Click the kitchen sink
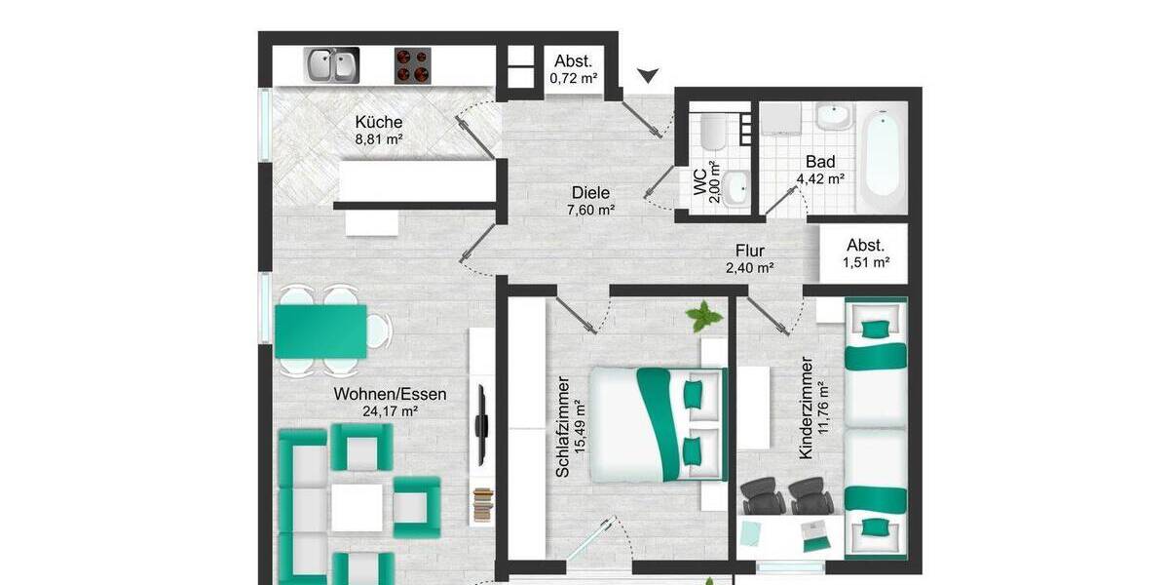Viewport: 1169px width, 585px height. (330, 65)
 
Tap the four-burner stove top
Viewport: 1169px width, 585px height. (413, 65)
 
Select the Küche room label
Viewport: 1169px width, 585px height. (379, 123)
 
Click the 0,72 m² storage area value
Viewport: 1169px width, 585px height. (574, 78)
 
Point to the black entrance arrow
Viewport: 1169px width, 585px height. (648, 75)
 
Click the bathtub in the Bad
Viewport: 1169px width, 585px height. (883, 160)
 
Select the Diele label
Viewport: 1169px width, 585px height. (591, 192)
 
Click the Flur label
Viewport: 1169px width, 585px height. (750, 251)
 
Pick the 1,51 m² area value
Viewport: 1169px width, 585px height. (867, 261)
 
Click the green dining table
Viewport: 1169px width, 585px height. (321, 331)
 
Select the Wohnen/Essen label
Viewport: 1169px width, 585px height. (390, 395)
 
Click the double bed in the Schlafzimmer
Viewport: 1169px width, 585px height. (660, 424)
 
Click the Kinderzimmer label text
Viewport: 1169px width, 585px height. (805, 408)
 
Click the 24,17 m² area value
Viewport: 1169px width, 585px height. (390, 411)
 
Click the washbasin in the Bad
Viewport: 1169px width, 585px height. (832, 118)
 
